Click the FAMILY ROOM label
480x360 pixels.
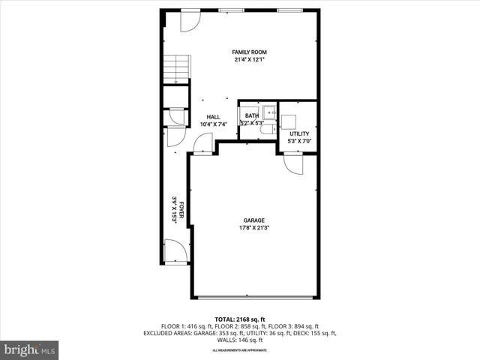coord(250,52)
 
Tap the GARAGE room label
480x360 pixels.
coord(253,220)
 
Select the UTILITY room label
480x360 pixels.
coord(298,133)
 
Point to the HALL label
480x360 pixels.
coord(214,117)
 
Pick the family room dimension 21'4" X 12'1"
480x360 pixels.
coord(250,60)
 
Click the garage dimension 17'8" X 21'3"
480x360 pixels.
coord(253,228)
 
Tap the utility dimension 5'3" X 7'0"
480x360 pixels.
coord(298,141)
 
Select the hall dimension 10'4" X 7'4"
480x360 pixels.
coord(214,124)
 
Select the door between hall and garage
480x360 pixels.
coord(202,144)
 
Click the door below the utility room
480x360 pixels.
coord(293,163)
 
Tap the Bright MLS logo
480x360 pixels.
coord(30,349)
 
